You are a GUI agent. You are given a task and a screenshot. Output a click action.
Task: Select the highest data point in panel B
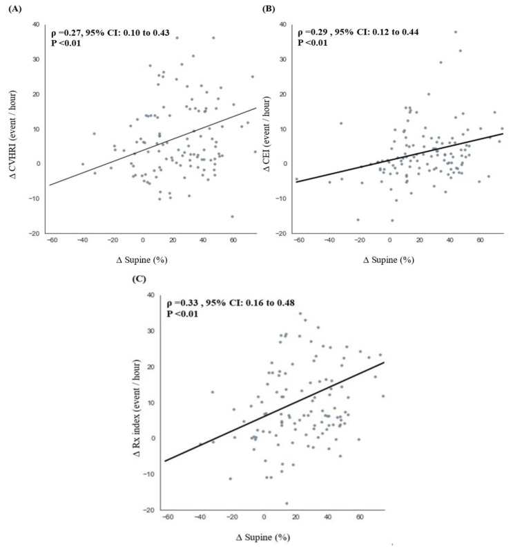pos(456,32)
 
